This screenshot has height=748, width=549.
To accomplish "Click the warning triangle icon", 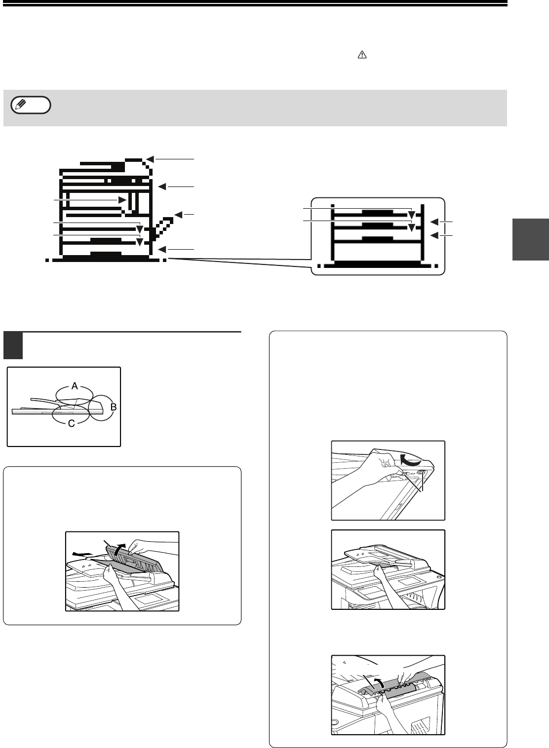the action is (x=362, y=55).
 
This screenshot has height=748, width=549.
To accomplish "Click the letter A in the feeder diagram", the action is (x=75, y=386).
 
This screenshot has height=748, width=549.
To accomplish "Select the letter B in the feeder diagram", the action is (x=113, y=407).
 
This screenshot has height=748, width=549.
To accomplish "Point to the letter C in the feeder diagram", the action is (x=72, y=424).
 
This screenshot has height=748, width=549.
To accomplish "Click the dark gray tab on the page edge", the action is (x=531, y=239).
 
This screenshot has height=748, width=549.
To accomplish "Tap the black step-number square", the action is (x=13, y=345).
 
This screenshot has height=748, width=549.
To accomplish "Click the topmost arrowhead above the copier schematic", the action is (x=150, y=159).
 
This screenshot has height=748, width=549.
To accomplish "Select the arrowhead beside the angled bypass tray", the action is (x=178, y=215).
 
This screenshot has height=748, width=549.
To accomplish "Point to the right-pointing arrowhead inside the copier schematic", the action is (x=122, y=200).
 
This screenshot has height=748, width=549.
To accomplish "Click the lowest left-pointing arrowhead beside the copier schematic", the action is (x=162, y=250).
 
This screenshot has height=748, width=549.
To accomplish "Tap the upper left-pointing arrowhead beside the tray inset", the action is (x=434, y=222).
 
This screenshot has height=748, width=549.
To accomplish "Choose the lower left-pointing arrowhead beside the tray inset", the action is (x=434, y=236).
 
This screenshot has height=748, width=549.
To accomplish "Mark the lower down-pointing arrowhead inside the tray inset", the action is (x=412, y=228).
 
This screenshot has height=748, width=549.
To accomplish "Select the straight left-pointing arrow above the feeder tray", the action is (x=82, y=554).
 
